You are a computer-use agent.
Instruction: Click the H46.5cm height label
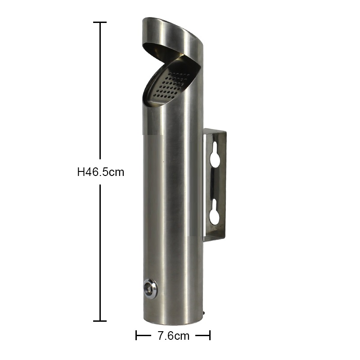point(100,172)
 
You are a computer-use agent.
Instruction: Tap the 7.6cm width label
point(173,336)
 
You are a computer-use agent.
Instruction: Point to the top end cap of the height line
point(99,22)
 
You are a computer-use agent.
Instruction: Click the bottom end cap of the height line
point(99,321)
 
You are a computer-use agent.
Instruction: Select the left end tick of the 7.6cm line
point(136,336)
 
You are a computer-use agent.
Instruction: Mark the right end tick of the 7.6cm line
point(210,336)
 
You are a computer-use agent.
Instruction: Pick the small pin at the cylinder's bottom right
point(204,311)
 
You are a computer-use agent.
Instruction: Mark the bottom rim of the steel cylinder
point(171,323)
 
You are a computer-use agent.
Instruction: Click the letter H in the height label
point(81,172)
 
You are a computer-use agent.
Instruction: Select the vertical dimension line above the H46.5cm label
point(99,90)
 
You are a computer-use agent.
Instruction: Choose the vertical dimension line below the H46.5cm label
point(99,252)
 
